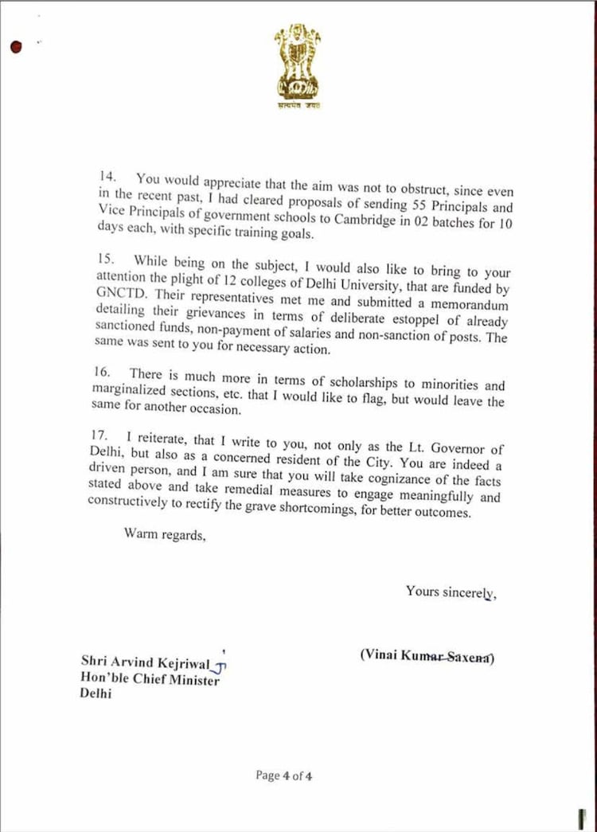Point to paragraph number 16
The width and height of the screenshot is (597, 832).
point(107,373)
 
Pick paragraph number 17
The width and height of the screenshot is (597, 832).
point(107,436)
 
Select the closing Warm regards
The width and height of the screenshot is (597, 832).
point(165,533)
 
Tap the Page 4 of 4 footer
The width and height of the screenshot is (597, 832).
point(283,775)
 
